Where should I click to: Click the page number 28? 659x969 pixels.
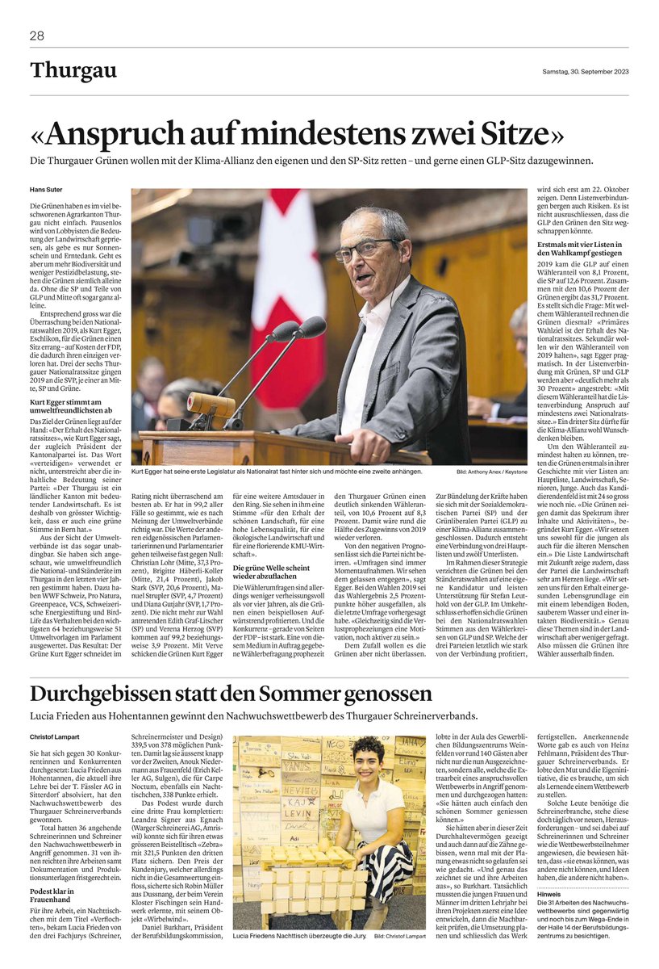click(x=37, y=36)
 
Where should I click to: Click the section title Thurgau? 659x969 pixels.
click(x=73, y=71)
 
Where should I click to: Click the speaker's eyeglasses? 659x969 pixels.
click(x=365, y=250)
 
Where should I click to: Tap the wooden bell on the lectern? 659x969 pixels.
click(x=205, y=403)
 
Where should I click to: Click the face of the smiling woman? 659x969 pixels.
click(x=369, y=764)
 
